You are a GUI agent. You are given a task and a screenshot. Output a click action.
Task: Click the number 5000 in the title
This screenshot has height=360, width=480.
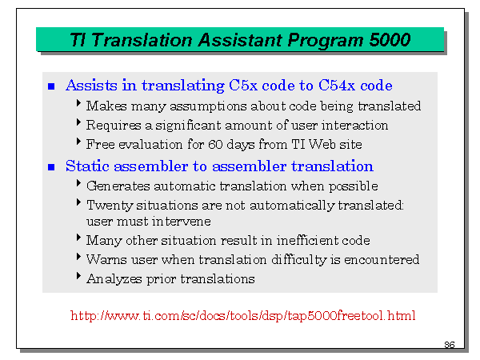coord(390,40)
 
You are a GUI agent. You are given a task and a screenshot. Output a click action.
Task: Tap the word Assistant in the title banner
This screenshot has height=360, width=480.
coord(240,40)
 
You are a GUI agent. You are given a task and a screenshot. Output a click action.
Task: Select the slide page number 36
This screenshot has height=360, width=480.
coord(450,345)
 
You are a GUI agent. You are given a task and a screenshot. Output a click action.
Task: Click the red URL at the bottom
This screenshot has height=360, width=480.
coord(242,315)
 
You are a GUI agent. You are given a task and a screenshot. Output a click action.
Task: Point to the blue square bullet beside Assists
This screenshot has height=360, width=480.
coord(51,86)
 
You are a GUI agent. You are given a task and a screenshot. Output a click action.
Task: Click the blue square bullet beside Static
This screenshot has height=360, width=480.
coord(51,167)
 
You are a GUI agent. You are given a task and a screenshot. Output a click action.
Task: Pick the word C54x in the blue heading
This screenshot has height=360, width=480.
coord(337,86)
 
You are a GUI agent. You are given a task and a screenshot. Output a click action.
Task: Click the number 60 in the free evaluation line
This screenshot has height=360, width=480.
coord(215,145)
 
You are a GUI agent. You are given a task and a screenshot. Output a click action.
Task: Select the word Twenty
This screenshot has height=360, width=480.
coord(110,206)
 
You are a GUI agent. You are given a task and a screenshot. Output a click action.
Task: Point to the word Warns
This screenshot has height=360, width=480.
coord(106,259)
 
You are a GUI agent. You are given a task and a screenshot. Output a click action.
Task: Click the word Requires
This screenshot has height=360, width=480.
coord(114,126)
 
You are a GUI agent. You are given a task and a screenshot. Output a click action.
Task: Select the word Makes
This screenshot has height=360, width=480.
coord(106,106)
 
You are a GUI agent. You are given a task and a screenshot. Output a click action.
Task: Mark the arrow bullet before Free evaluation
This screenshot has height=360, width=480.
coord(78,142)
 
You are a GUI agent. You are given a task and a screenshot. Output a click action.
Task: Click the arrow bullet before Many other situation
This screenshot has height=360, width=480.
coord(78,238)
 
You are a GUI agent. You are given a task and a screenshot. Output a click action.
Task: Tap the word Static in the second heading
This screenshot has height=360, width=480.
coord(87,166)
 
